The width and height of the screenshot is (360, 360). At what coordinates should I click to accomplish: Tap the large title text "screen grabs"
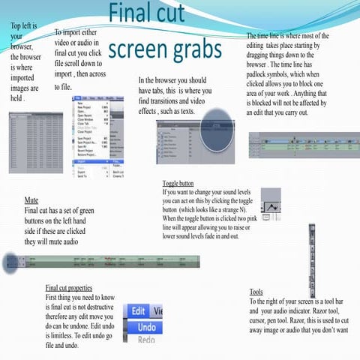(165, 49)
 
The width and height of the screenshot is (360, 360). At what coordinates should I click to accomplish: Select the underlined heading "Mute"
(31, 201)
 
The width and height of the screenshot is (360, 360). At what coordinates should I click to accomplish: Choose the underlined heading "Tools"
(256, 292)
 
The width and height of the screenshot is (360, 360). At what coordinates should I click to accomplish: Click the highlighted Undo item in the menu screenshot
(147, 327)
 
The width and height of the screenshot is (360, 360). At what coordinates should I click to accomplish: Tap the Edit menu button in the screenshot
(138, 310)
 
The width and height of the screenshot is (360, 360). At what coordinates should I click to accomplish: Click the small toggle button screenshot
(271, 202)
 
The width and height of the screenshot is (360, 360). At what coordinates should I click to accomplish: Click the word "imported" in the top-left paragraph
(22, 78)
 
